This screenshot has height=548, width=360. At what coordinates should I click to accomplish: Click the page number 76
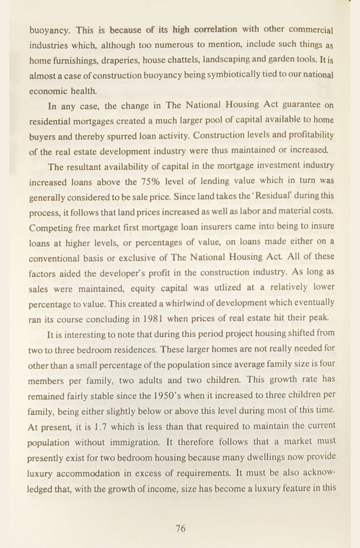tap(180, 528)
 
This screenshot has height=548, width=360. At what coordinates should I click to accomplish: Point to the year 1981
tap(152, 319)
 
